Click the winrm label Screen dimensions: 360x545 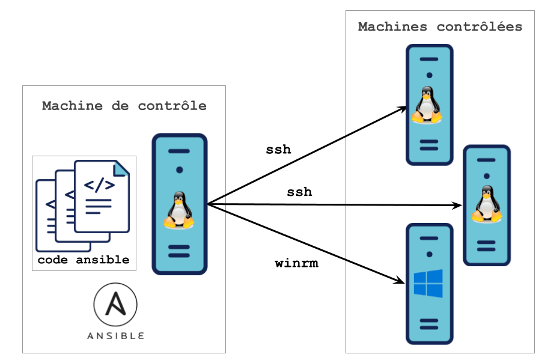(296, 263)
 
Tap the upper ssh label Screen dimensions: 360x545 (279, 149)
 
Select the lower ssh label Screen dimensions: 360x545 (299, 192)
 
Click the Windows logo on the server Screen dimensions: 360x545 (428, 283)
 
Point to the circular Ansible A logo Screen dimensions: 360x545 (115, 305)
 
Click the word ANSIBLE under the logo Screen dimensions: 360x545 (115, 335)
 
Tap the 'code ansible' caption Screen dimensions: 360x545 (84, 260)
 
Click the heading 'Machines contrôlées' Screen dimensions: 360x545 (440, 27)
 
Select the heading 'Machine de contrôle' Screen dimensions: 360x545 (124, 106)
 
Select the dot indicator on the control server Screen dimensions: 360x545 (179, 170)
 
